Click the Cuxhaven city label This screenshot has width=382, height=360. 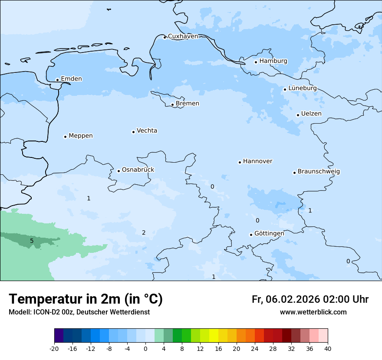coord(183,36)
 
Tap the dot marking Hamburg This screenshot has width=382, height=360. coord(256,62)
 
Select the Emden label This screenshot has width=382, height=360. coord(71,79)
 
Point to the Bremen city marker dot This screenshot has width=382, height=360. coord(172,105)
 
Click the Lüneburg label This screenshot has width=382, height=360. coord(303,88)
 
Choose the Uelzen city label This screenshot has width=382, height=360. coord(311,114)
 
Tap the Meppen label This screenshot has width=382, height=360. coord(81,136)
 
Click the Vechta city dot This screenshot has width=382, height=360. coord(133,132)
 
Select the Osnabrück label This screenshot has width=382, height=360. coord(138,170)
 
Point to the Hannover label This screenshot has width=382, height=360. coord(257,161)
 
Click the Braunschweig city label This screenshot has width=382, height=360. coord(319,172)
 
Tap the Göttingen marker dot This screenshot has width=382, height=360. coord(251,235)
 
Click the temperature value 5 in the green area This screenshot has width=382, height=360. coord(32,241)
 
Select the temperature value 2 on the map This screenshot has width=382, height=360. coord(144,233)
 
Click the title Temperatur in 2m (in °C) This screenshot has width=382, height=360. coord(86,299)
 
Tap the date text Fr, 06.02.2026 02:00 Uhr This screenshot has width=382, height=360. coord(310,299)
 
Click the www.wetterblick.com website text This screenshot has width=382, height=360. coord(313,312)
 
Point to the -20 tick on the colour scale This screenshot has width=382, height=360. coord(54,348)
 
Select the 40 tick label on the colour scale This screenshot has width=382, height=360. coord(327,348)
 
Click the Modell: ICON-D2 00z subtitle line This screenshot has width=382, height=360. coord(79,312)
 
